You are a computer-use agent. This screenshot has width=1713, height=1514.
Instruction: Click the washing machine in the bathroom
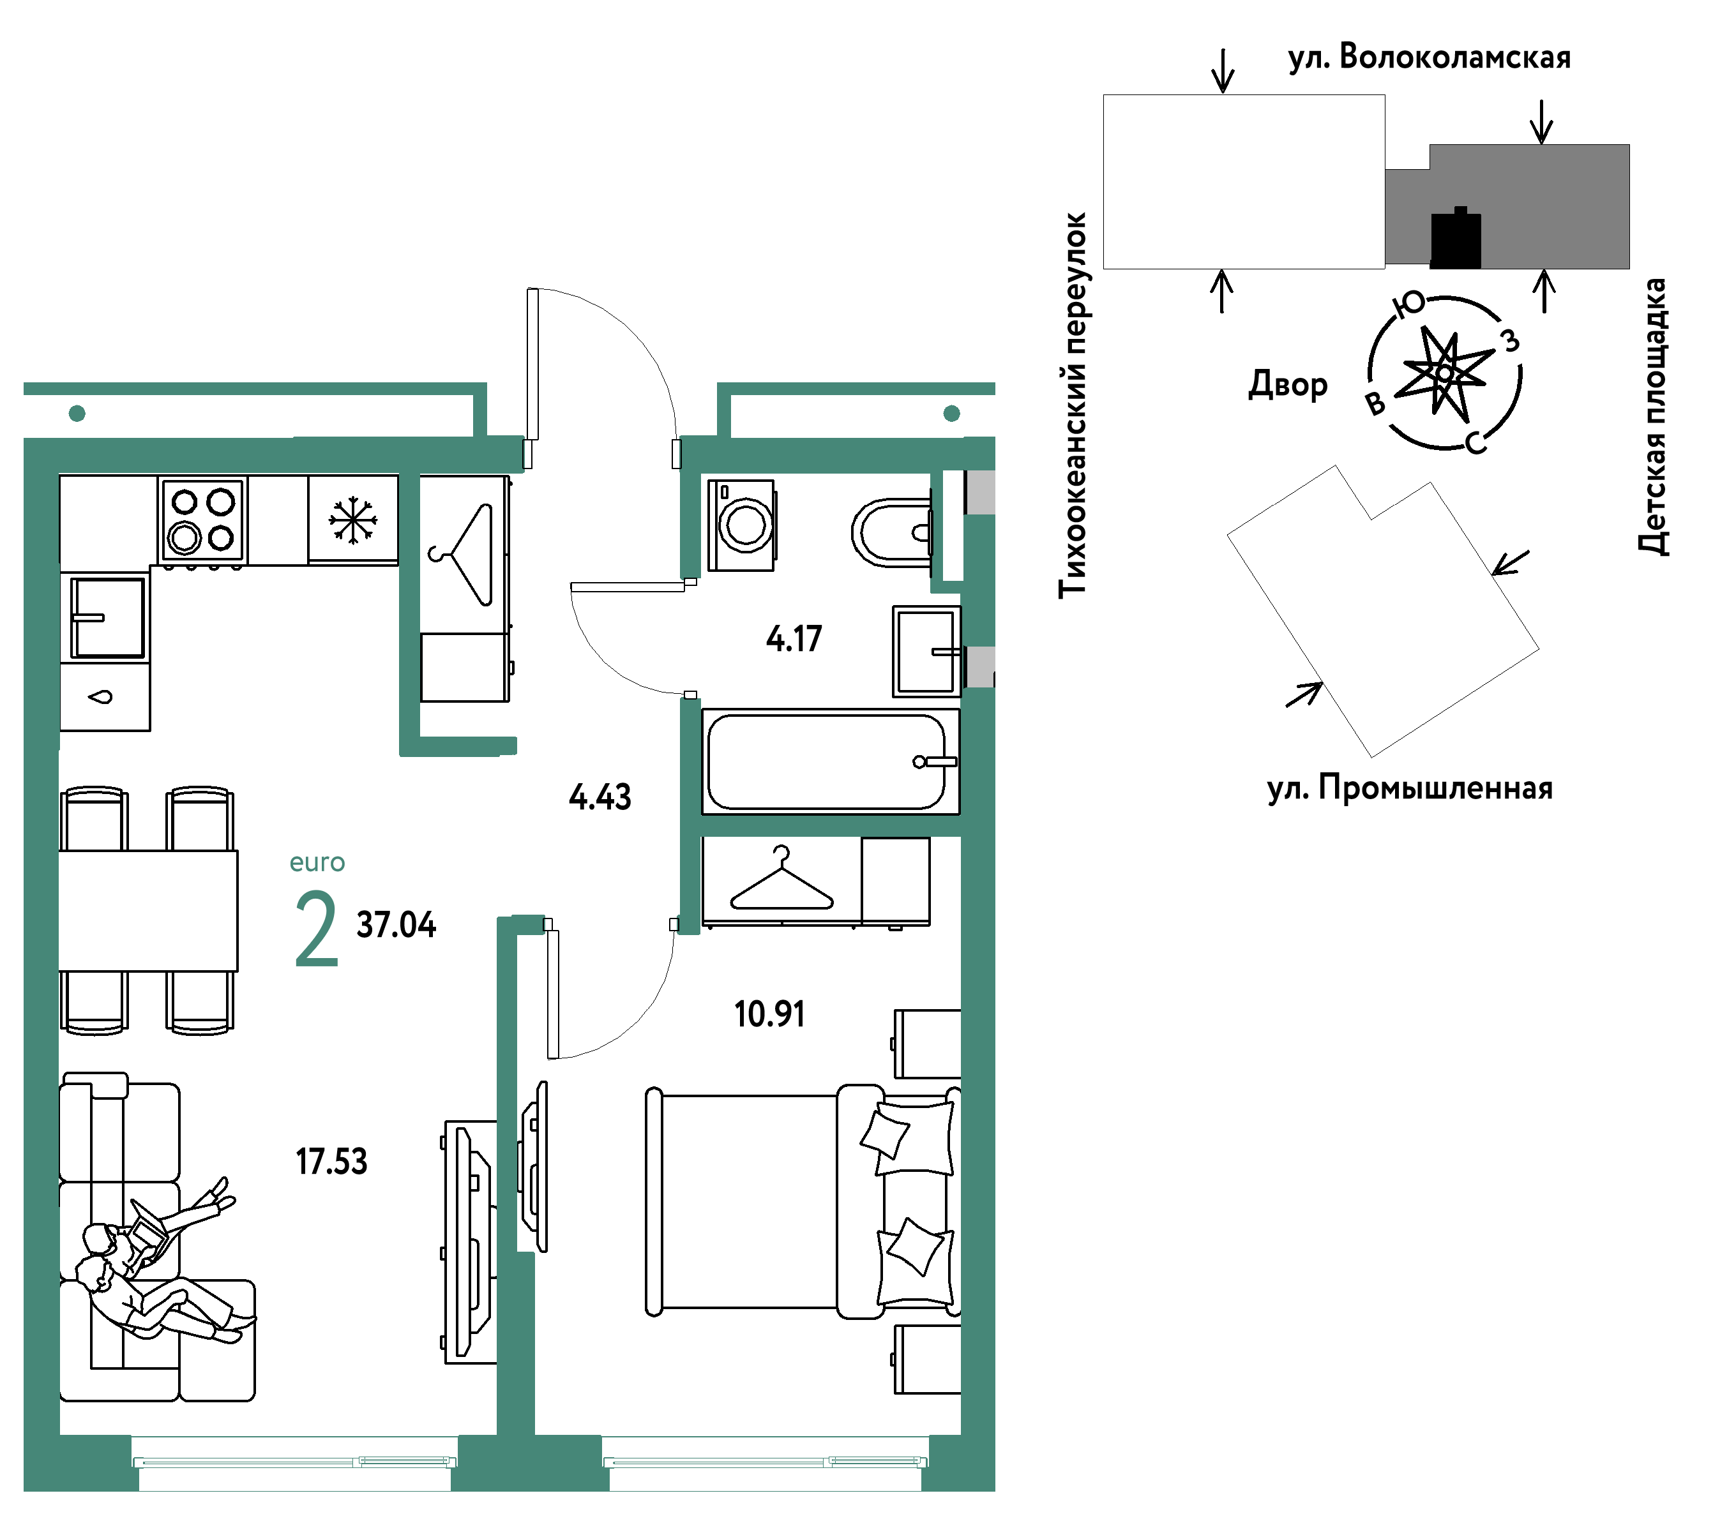[x=742, y=525]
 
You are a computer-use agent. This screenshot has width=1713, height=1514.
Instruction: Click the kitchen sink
[x=107, y=617]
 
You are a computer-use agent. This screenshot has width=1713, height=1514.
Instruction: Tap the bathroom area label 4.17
[x=794, y=640]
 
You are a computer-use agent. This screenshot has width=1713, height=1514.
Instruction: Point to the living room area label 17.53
[x=331, y=1162]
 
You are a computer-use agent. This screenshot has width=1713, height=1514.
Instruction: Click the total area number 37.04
[x=396, y=925]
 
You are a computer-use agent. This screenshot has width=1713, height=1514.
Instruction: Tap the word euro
[x=317, y=863]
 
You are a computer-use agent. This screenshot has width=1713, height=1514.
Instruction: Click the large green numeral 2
[x=317, y=929]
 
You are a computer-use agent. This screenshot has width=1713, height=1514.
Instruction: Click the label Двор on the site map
[x=1288, y=385]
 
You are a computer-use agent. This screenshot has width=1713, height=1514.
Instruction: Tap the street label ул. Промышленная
[x=1410, y=788]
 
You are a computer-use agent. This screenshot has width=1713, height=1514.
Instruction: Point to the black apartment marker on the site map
[x=1456, y=239]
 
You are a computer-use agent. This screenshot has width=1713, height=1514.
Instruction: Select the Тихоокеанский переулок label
[x=1073, y=405]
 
